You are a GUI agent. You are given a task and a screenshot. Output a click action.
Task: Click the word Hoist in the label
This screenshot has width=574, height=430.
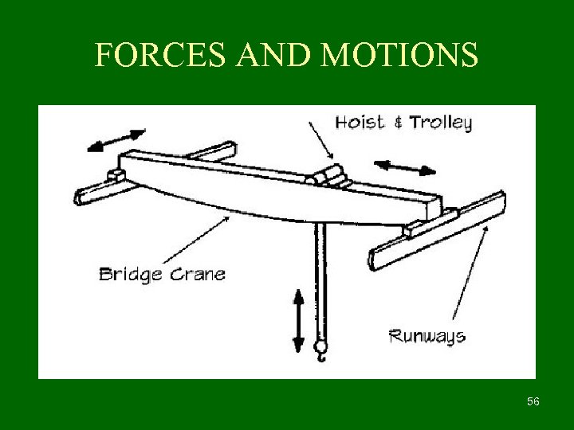pyautogui.click(x=359, y=123)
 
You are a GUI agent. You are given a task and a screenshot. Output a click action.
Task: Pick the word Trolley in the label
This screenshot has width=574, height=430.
pyautogui.click(x=440, y=123)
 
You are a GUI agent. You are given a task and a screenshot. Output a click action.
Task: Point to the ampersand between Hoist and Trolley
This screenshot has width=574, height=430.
pyautogui.click(x=398, y=123)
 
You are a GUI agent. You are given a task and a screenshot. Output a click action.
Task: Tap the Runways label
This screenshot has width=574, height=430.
pyautogui.click(x=427, y=335)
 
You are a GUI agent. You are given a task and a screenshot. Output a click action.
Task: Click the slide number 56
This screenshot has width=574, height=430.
pyautogui.click(x=533, y=401)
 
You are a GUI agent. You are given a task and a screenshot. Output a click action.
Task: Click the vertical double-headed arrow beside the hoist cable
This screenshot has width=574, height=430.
pyautogui.click(x=298, y=321)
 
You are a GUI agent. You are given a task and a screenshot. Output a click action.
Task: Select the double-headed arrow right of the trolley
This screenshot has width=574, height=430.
pyautogui.click(x=405, y=167)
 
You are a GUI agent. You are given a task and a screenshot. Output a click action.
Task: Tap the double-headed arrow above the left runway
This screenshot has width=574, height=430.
pyautogui.click(x=116, y=139)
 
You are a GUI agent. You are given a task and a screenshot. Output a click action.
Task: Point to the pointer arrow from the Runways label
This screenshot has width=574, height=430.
pyautogui.click(x=470, y=271)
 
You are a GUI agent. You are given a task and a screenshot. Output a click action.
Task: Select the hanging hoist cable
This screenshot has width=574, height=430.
pyautogui.click(x=320, y=279)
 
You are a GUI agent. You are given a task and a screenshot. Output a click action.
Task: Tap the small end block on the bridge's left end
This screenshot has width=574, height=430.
pyautogui.click(x=116, y=174)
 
